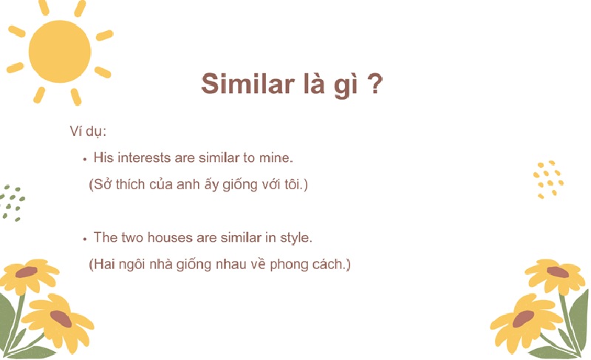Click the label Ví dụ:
pyautogui.click(x=88, y=132)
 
